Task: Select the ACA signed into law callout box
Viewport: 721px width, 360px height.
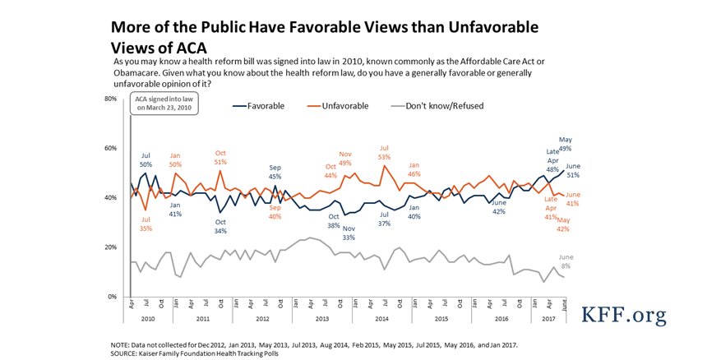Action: (163, 105)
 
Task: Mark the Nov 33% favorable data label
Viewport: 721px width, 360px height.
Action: (349, 233)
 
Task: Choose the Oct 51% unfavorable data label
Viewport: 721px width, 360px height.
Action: (220, 157)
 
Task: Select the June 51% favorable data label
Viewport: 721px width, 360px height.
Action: (573, 170)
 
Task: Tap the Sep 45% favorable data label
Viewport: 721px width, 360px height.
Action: (276, 172)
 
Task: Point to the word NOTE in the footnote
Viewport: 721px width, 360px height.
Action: (122, 344)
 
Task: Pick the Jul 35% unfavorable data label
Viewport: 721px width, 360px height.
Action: (146, 224)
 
